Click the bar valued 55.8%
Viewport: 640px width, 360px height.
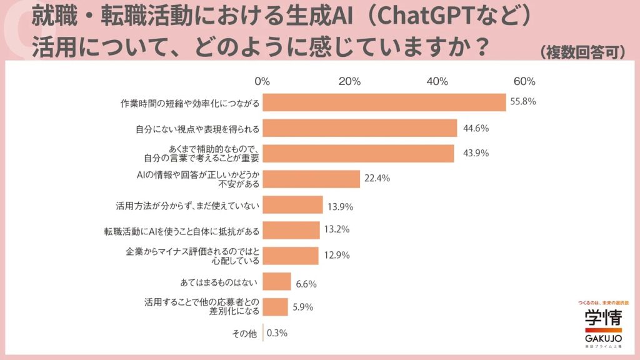[384, 102]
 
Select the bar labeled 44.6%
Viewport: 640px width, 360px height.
[360, 128]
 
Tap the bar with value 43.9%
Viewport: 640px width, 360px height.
[358, 153]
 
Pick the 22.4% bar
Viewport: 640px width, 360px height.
[311, 179]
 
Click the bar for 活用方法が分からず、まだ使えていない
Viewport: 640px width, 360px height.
[292, 205]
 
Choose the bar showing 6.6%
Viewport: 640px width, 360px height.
[277, 281]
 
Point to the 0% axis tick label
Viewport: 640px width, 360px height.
[262, 81]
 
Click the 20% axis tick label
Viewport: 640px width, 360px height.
[350, 81]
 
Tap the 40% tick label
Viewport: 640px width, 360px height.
[437, 81]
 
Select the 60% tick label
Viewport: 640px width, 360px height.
[524, 81]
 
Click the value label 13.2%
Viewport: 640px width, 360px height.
[336, 229]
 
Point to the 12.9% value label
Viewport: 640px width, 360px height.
[336, 255]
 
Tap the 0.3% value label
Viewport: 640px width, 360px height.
[277, 333]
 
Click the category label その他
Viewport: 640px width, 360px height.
[244, 333]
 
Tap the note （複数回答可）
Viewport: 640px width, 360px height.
[582, 52]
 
